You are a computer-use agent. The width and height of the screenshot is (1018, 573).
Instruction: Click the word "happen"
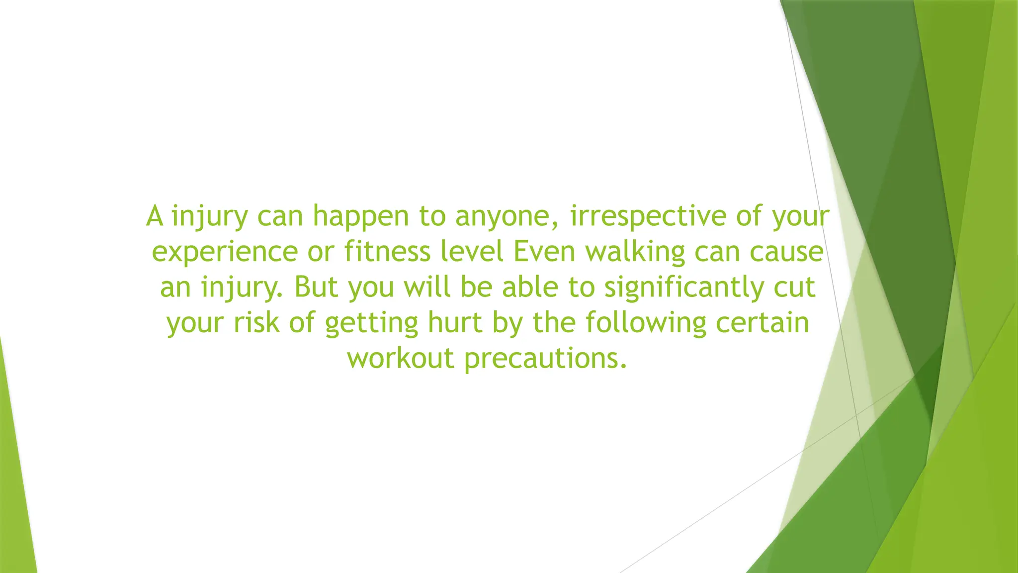[x=360, y=217]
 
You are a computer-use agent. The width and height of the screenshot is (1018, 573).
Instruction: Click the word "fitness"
[x=387, y=252]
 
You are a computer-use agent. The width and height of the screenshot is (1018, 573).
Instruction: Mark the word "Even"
[x=544, y=252]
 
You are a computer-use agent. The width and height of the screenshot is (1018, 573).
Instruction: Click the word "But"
[x=316, y=287]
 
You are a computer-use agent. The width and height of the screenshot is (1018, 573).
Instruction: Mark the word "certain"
[x=763, y=322]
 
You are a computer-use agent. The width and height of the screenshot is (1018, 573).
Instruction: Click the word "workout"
[x=401, y=358]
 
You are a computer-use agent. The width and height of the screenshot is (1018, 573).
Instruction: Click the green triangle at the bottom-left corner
[x=15, y=497]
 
